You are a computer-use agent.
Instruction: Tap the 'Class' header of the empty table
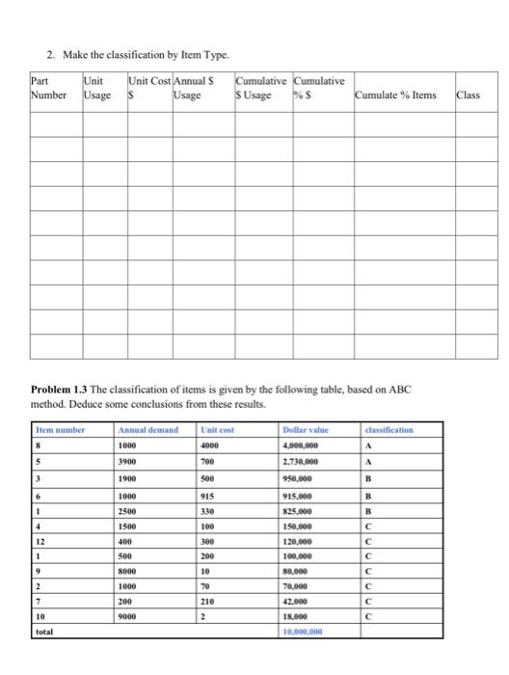(468, 95)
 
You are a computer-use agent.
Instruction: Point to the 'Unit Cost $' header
(147, 89)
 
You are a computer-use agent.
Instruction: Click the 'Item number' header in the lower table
(61, 430)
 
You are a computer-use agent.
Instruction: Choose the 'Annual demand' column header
(148, 430)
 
